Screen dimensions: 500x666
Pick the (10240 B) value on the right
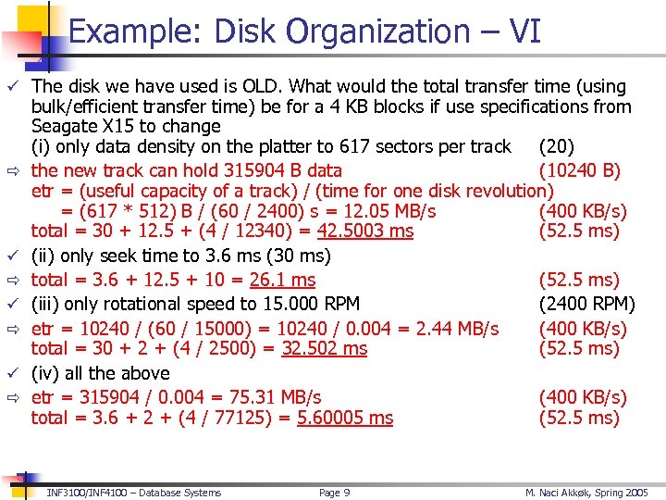(579, 170)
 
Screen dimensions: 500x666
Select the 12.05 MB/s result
(395, 211)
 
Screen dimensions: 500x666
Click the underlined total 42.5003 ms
(364, 231)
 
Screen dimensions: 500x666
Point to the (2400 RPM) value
(586, 304)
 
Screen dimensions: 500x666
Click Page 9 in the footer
(334, 493)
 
